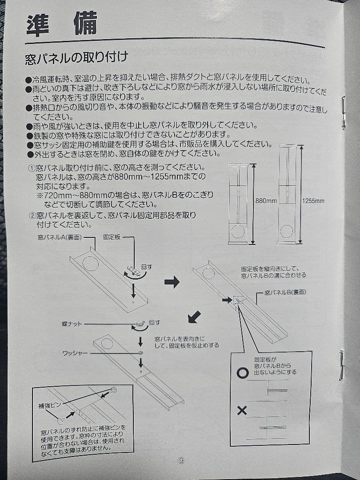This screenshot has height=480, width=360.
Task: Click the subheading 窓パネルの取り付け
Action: tap(76, 58)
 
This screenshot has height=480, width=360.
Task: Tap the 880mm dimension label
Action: tap(266, 201)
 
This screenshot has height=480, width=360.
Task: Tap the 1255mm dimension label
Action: tap(313, 201)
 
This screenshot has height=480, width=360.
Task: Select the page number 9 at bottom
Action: tap(180, 460)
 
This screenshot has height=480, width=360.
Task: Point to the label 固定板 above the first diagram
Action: tap(112, 238)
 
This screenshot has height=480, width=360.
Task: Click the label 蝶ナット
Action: tap(72, 324)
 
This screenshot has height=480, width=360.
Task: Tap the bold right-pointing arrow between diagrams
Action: tap(172, 281)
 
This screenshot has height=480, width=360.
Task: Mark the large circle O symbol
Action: tap(242, 373)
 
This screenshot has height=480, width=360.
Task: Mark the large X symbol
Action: tap(242, 410)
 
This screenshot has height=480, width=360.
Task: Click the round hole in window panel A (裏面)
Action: tap(91, 264)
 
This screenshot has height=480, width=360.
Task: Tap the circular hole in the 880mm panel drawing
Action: tap(238, 232)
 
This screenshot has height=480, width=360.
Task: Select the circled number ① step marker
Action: tap(32, 168)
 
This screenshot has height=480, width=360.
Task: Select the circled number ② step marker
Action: tap(32, 216)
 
